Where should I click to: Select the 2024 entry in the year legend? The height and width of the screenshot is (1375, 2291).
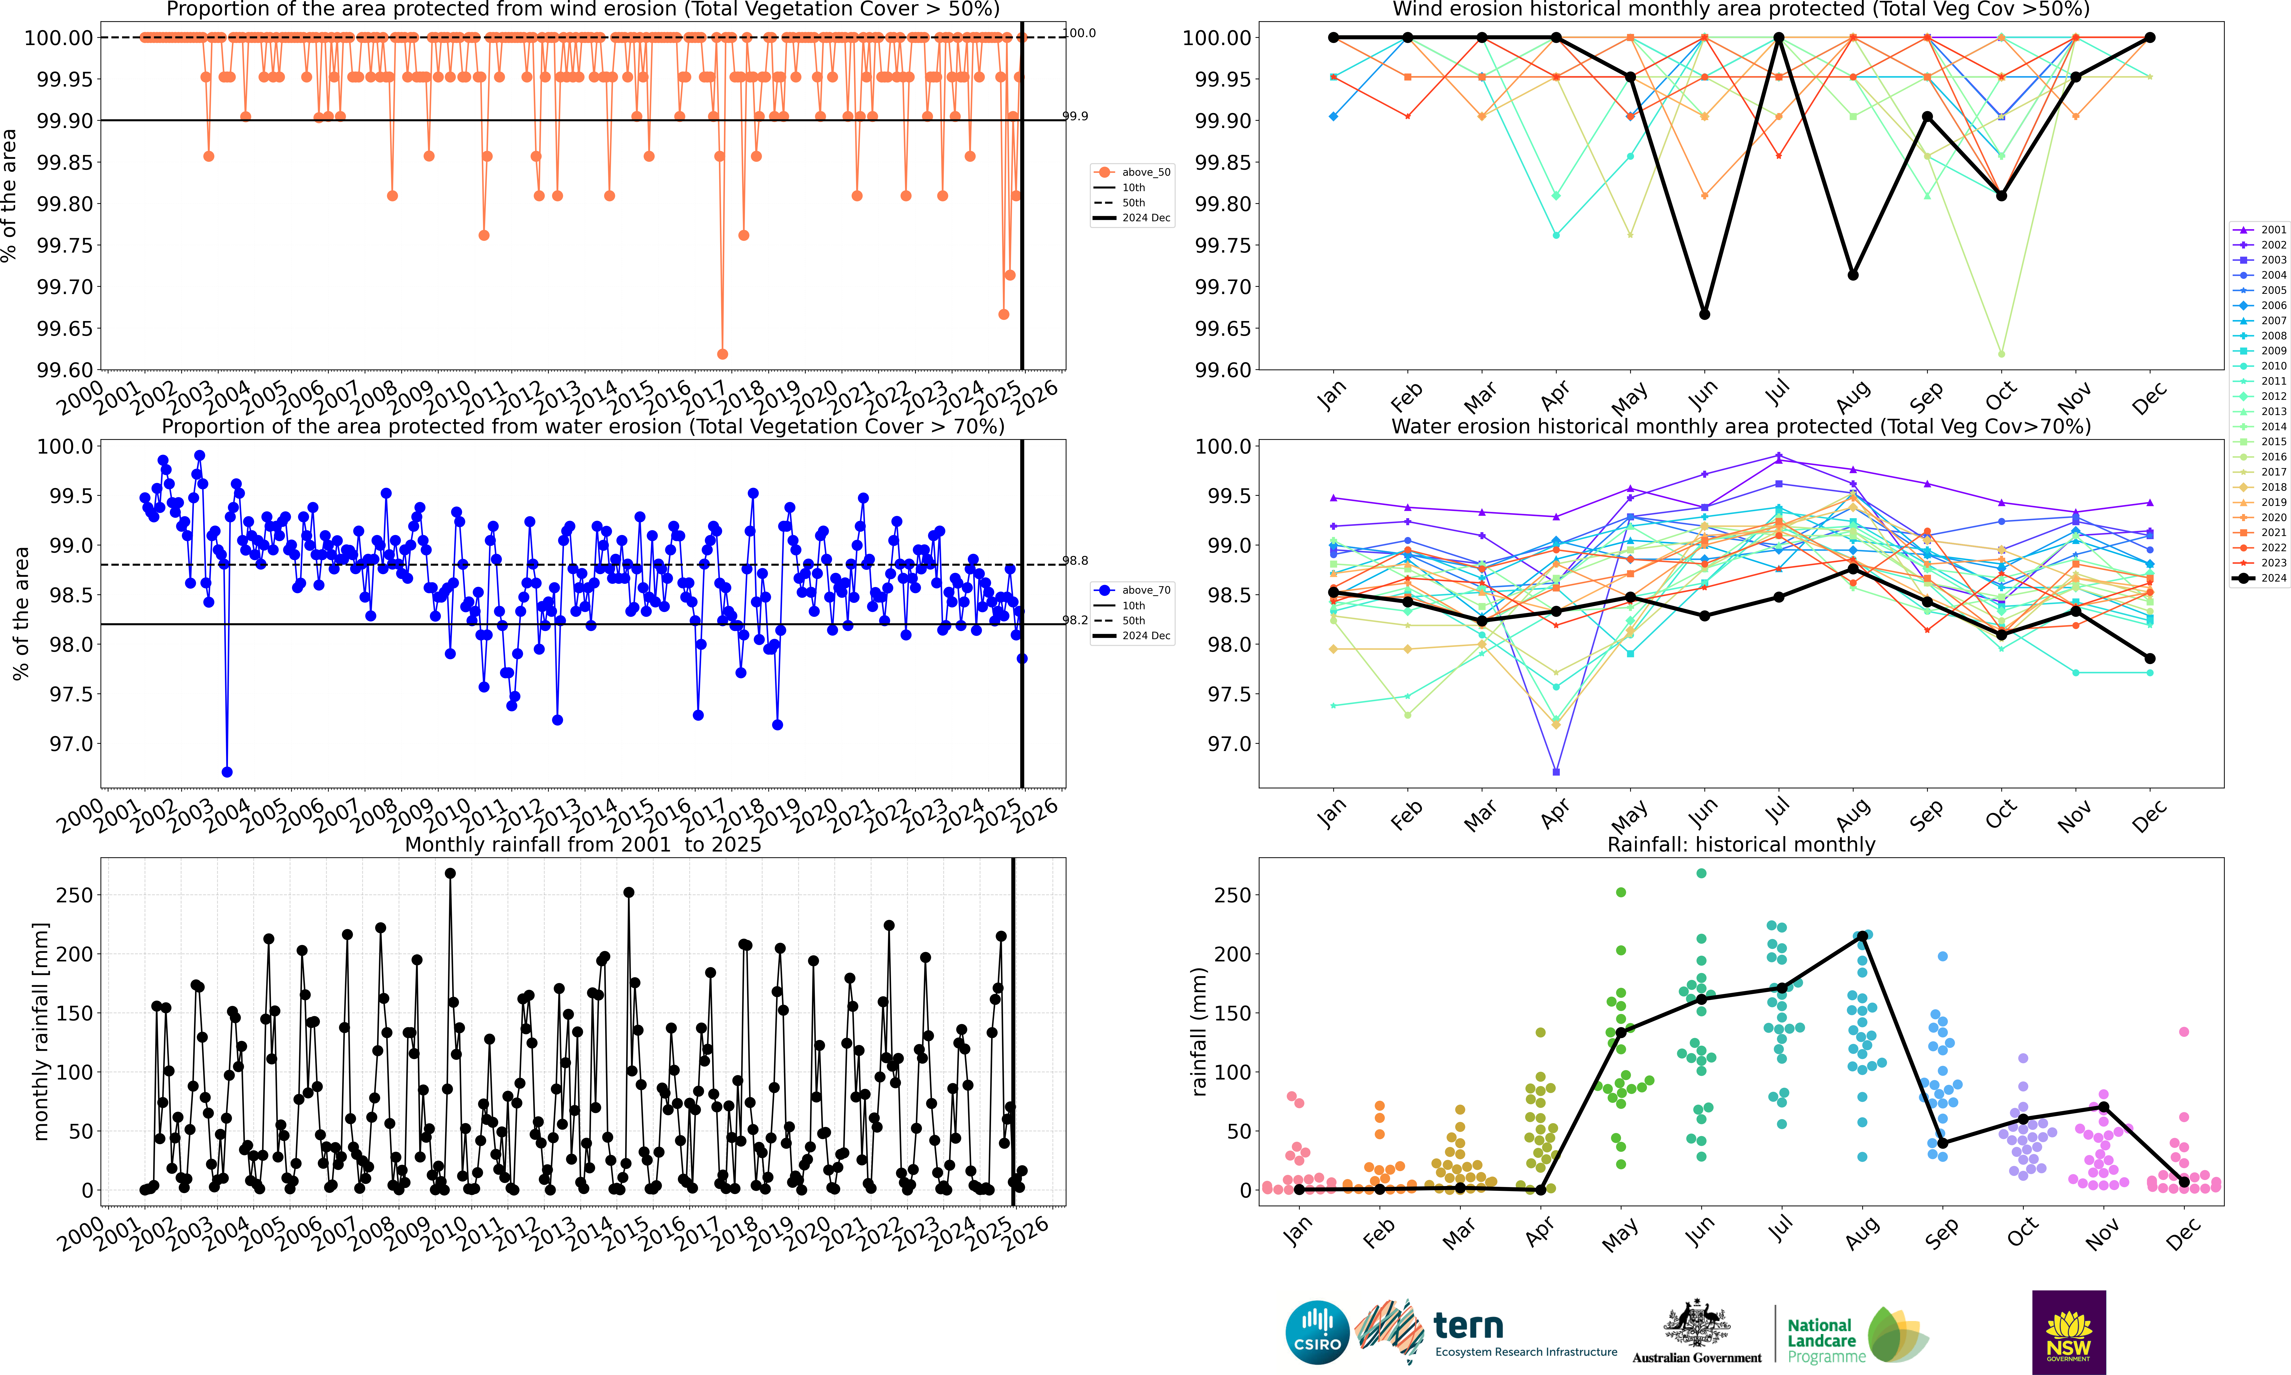point(2260,578)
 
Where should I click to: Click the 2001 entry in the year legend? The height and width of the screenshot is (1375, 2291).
point(2260,230)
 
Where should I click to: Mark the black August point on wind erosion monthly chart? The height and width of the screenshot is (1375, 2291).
point(1853,275)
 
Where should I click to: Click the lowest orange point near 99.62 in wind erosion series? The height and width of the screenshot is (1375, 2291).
point(723,354)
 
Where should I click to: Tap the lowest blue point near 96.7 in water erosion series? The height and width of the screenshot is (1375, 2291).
point(227,772)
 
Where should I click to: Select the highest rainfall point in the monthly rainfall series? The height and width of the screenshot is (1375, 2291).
point(450,873)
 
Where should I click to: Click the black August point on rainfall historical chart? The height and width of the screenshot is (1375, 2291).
point(1862,936)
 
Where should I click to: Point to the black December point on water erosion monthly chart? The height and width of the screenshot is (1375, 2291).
point(2150,659)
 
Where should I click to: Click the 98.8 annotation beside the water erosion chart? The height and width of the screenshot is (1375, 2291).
point(1075,561)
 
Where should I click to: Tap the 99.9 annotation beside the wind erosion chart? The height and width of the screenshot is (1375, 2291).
point(1075,116)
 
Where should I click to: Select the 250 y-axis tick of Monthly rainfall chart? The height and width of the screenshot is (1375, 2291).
point(74,895)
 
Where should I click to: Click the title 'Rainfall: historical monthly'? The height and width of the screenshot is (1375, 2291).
point(1741,844)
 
